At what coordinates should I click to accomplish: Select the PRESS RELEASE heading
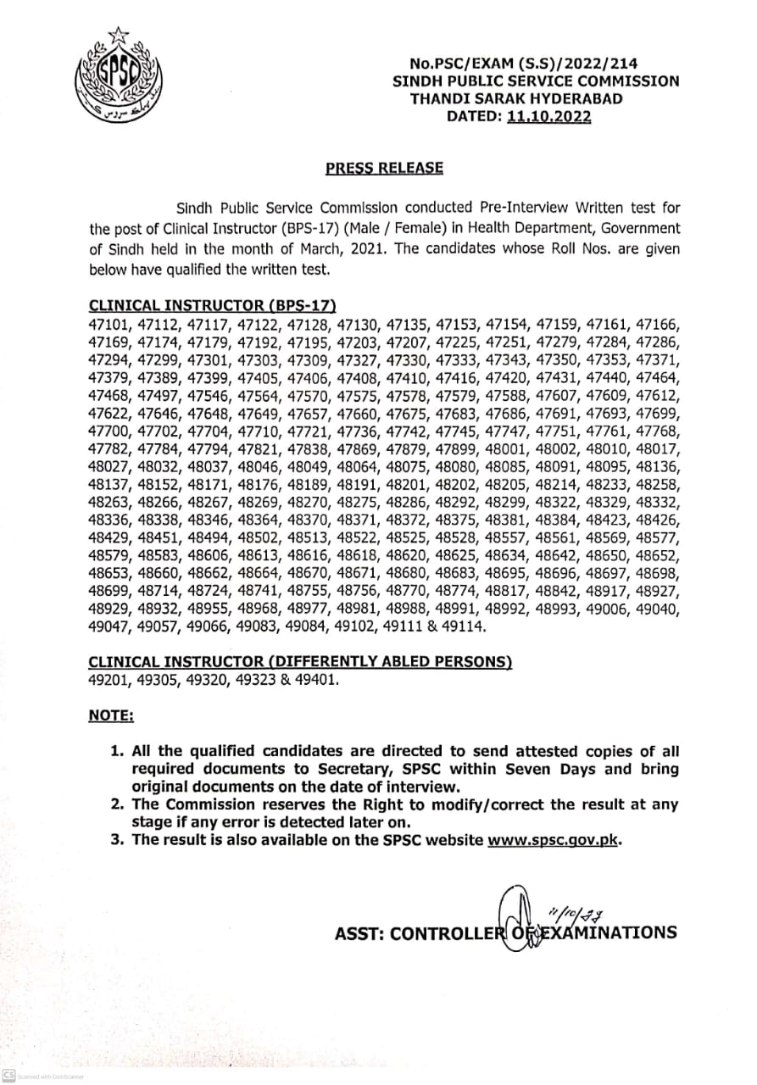point(384,168)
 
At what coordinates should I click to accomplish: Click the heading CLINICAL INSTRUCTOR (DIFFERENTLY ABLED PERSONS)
point(301,661)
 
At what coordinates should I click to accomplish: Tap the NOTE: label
point(111,716)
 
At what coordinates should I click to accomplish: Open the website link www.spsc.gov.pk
point(552,840)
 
